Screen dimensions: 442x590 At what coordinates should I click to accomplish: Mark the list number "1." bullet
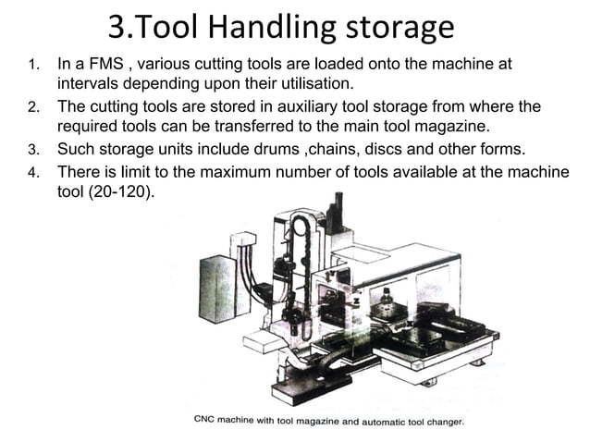tap(33, 67)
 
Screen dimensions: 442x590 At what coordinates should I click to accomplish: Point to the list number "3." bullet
tap(33, 150)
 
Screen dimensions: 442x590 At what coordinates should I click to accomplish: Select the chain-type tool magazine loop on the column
tap(300, 268)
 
